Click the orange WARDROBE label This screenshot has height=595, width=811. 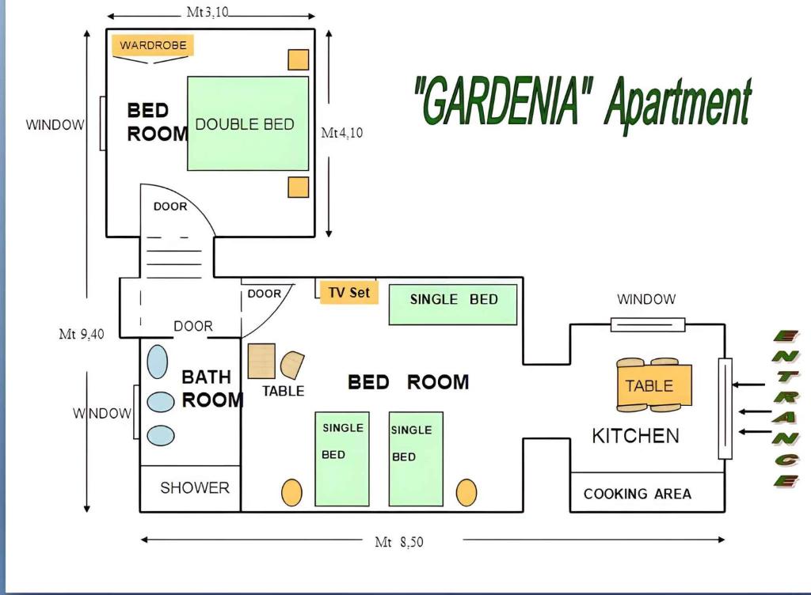pos(153,45)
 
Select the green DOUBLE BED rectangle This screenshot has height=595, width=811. pos(248,123)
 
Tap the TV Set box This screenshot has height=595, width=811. pos(348,292)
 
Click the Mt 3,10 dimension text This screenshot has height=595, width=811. pos(208,13)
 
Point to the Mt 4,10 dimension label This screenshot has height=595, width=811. pos(342,133)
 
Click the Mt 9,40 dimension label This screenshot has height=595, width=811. pos(82,334)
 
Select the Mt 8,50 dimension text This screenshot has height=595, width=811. pos(399,542)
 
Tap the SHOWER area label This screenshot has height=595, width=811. pos(195,487)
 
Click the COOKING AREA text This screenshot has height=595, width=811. pos(638,494)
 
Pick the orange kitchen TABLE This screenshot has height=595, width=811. pos(654,385)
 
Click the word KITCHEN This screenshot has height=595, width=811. pos(635,436)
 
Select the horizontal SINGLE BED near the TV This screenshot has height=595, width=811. pos(452,305)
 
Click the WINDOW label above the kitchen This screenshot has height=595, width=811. pos(646,299)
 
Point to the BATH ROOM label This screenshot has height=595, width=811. pos(212,388)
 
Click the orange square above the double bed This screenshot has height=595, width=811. pos(298,59)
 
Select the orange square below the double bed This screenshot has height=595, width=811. pos(298,187)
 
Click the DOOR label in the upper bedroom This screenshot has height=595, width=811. pos(170,207)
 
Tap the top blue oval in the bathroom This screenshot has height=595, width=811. pos(158,362)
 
